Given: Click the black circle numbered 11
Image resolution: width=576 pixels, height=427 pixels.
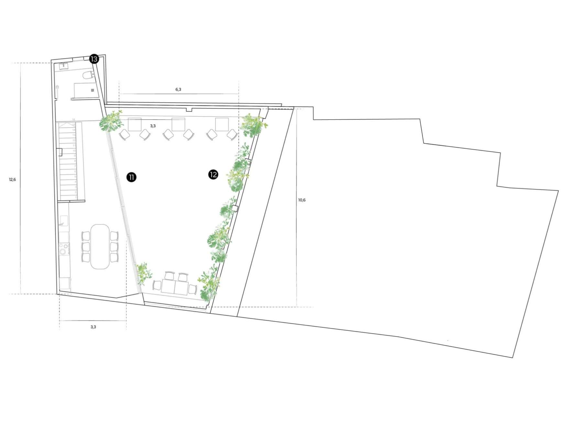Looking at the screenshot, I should [x=131, y=177].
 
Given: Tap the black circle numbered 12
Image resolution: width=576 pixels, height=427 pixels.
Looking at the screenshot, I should [x=213, y=175].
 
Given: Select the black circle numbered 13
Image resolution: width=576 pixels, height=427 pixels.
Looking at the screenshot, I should [x=94, y=59].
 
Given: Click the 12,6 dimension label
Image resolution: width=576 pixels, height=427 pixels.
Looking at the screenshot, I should [x=12, y=179].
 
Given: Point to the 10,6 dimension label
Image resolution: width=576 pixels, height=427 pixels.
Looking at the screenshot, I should [x=302, y=200].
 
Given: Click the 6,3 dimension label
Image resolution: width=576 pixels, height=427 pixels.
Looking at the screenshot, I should [x=178, y=89].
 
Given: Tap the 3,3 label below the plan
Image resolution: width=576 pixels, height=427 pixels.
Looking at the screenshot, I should [x=93, y=327].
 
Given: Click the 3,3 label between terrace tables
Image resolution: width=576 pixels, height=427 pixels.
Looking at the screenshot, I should [x=153, y=126].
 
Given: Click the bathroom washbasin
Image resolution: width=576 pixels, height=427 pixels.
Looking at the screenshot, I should [x=63, y=65].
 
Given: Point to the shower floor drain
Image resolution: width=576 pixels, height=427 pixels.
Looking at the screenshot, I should [x=93, y=90].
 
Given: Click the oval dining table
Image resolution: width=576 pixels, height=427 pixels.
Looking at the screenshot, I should [x=100, y=246].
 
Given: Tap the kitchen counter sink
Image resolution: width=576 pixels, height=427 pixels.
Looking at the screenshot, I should [x=63, y=221].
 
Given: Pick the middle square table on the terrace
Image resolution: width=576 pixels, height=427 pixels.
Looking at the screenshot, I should [x=178, y=124].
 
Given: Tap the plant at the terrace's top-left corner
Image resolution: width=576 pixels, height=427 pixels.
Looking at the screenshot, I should [x=111, y=121].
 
